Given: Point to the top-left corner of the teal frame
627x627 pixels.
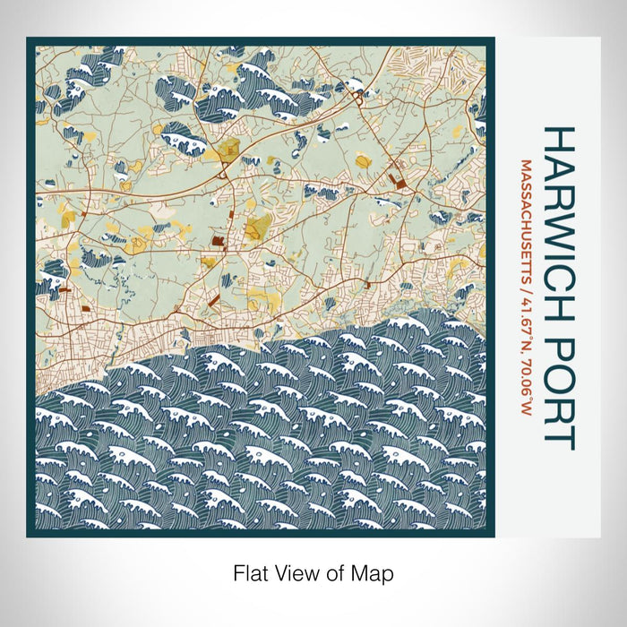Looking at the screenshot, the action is (x=28, y=39).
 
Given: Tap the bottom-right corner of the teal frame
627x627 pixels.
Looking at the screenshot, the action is (x=494, y=536).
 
